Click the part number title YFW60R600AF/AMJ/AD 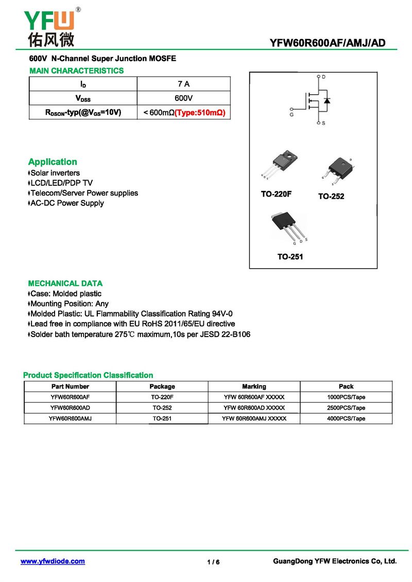327,43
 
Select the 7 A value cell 183,84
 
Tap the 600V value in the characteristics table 183,98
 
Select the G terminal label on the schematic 292,114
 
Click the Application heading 53,162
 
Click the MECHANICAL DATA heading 65,283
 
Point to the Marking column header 254,386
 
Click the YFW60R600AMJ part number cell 70,418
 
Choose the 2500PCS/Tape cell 346,408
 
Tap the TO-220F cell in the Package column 162,397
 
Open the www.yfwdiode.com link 53,561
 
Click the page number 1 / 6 213,562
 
